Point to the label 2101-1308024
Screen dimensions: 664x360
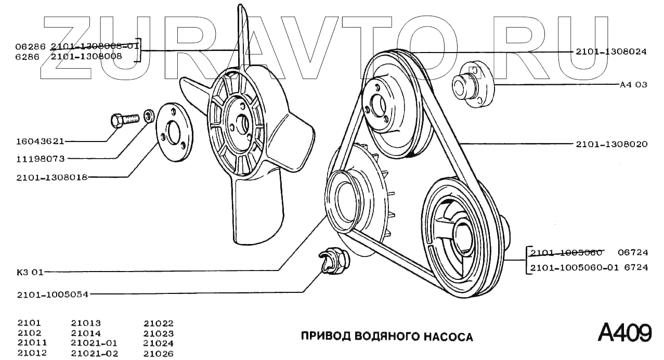pyautogui.click(x=611, y=52)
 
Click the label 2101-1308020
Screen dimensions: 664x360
pyautogui.click(x=611, y=144)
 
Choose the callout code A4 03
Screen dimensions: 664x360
pyautogui.click(x=633, y=84)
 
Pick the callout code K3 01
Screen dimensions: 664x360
pyautogui.click(x=31, y=272)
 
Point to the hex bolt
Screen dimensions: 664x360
pyautogui.click(x=124, y=120)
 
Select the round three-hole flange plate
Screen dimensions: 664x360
pyautogui.click(x=174, y=133)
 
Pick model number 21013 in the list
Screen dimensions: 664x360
pyautogui.click(x=86, y=323)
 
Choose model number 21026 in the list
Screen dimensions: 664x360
pyautogui.click(x=158, y=354)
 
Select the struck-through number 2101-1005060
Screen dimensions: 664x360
pyautogui.click(x=566, y=253)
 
